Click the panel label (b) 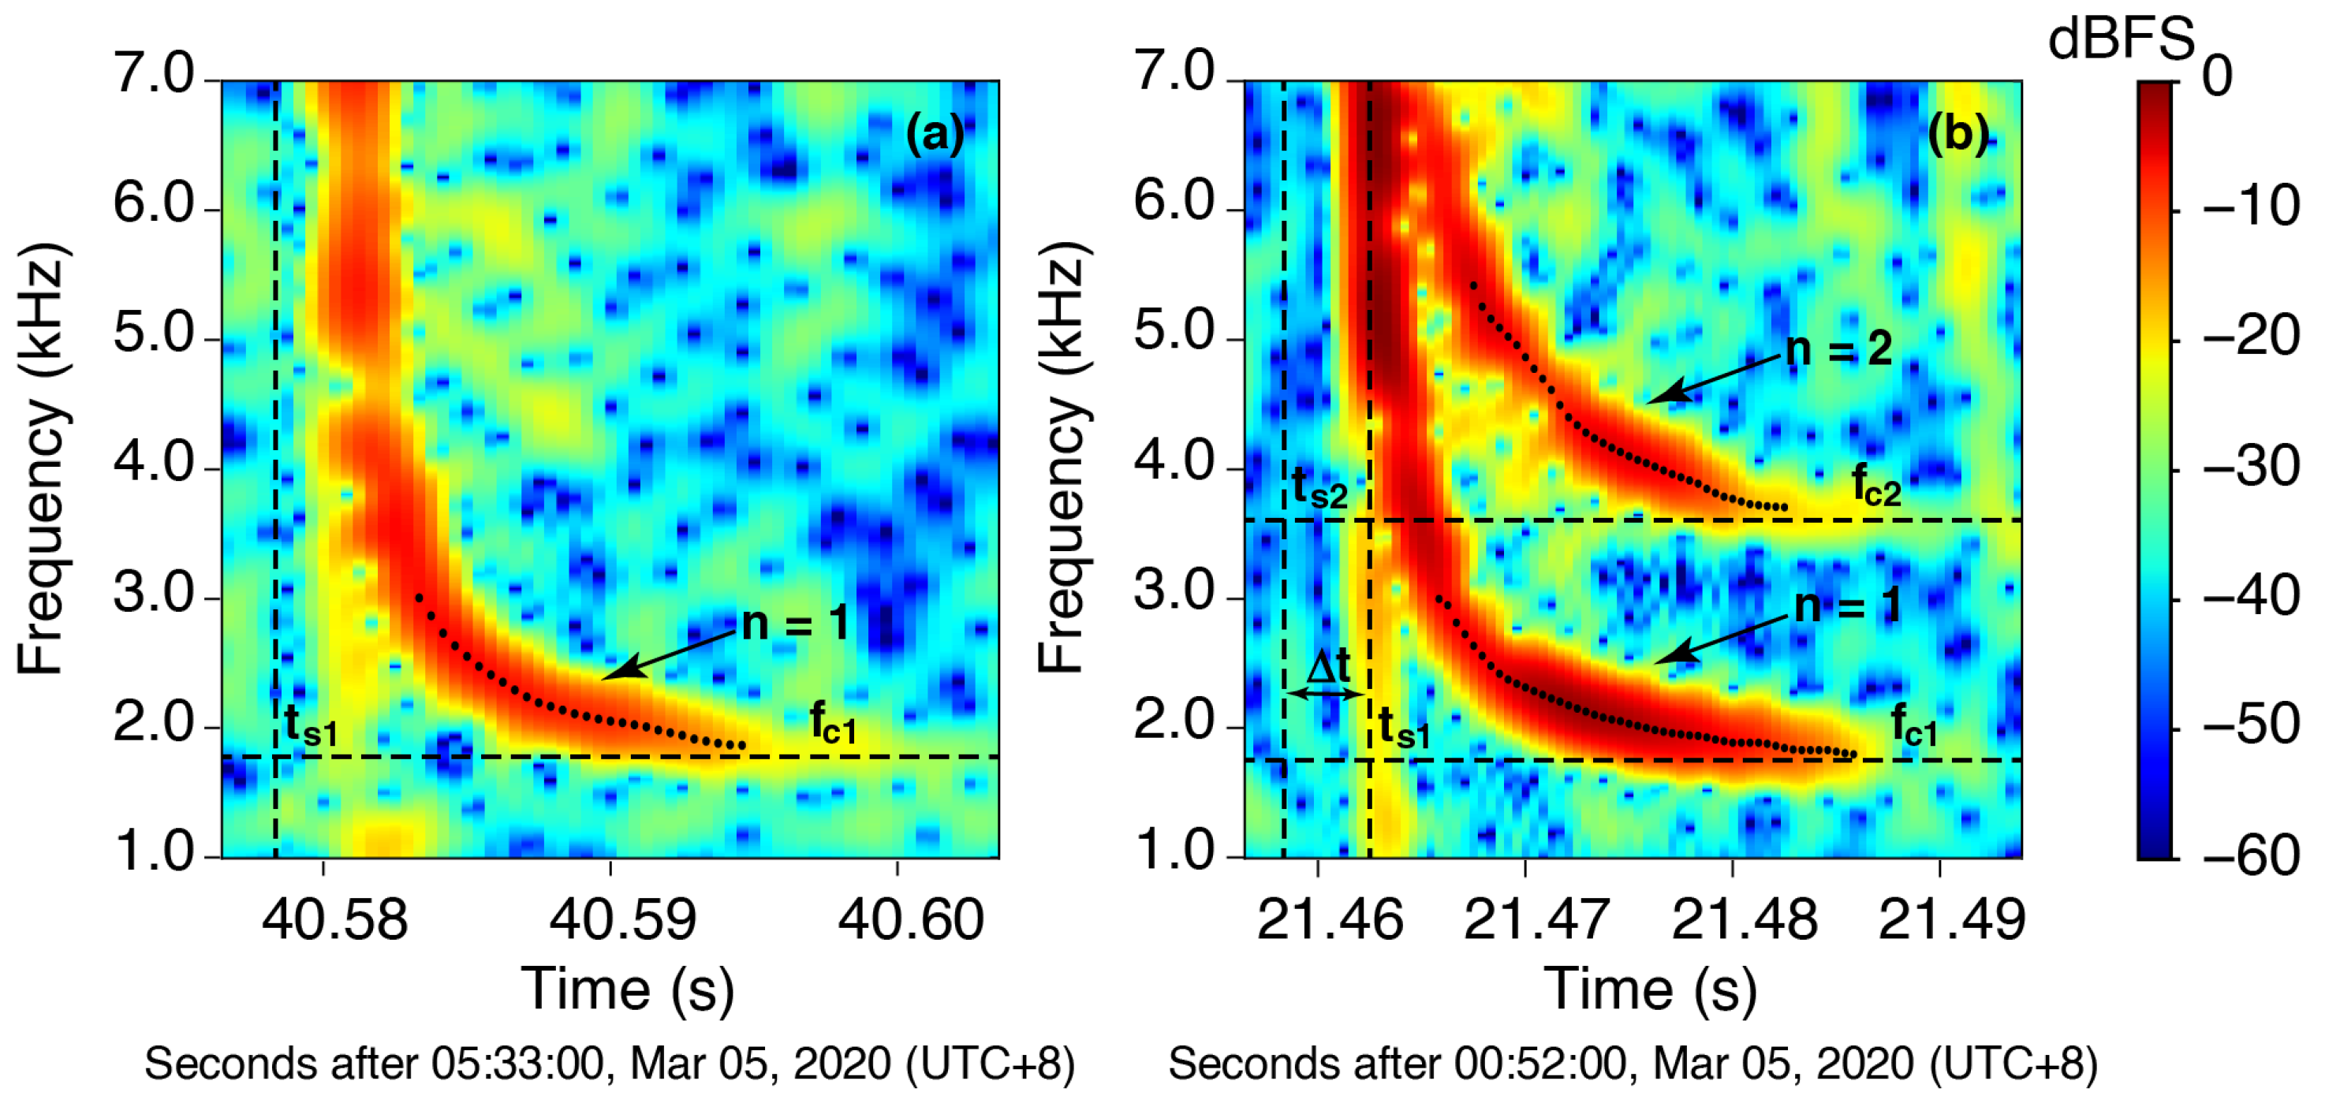click(x=1957, y=136)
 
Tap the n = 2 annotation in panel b click(x=1838, y=349)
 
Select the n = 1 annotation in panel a click(x=795, y=623)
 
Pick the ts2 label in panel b click(x=1319, y=488)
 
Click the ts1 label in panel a click(x=311, y=725)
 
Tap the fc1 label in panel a click(x=832, y=723)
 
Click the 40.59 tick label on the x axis click(x=623, y=920)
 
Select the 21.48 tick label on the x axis click(x=1744, y=920)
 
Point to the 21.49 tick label click(x=1951, y=920)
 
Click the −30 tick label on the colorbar click(x=2251, y=468)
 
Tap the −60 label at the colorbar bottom click(x=2251, y=855)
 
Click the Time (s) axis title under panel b click(x=1651, y=989)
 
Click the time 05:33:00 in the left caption click(x=517, y=1064)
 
